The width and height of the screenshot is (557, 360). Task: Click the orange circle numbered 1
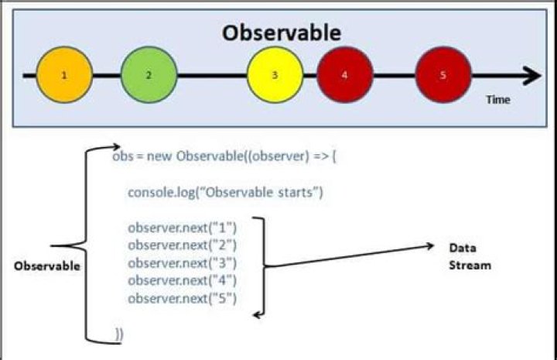click(x=63, y=75)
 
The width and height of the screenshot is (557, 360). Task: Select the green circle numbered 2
click(x=149, y=75)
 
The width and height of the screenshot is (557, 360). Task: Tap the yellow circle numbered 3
click(x=275, y=75)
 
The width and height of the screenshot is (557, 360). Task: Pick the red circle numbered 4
click(x=344, y=75)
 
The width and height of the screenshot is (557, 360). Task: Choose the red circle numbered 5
click(x=443, y=75)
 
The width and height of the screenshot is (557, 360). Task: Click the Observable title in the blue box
click(x=281, y=33)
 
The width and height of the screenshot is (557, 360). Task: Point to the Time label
click(x=498, y=100)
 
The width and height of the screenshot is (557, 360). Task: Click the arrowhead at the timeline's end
click(x=533, y=75)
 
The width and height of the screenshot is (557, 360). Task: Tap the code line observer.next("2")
click(x=182, y=245)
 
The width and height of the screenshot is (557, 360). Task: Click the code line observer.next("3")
click(x=182, y=262)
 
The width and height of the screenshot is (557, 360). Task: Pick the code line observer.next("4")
click(x=182, y=280)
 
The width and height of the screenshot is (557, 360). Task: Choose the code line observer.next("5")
click(x=182, y=298)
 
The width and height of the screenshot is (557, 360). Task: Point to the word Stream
click(x=470, y=266)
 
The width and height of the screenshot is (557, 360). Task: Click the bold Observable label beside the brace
click(x=46, y=266)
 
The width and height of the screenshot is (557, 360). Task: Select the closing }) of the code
click(x=119, y=334)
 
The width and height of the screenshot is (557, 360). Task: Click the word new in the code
click(x=161, y=155)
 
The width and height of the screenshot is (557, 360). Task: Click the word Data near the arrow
click(x=461, y=247)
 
